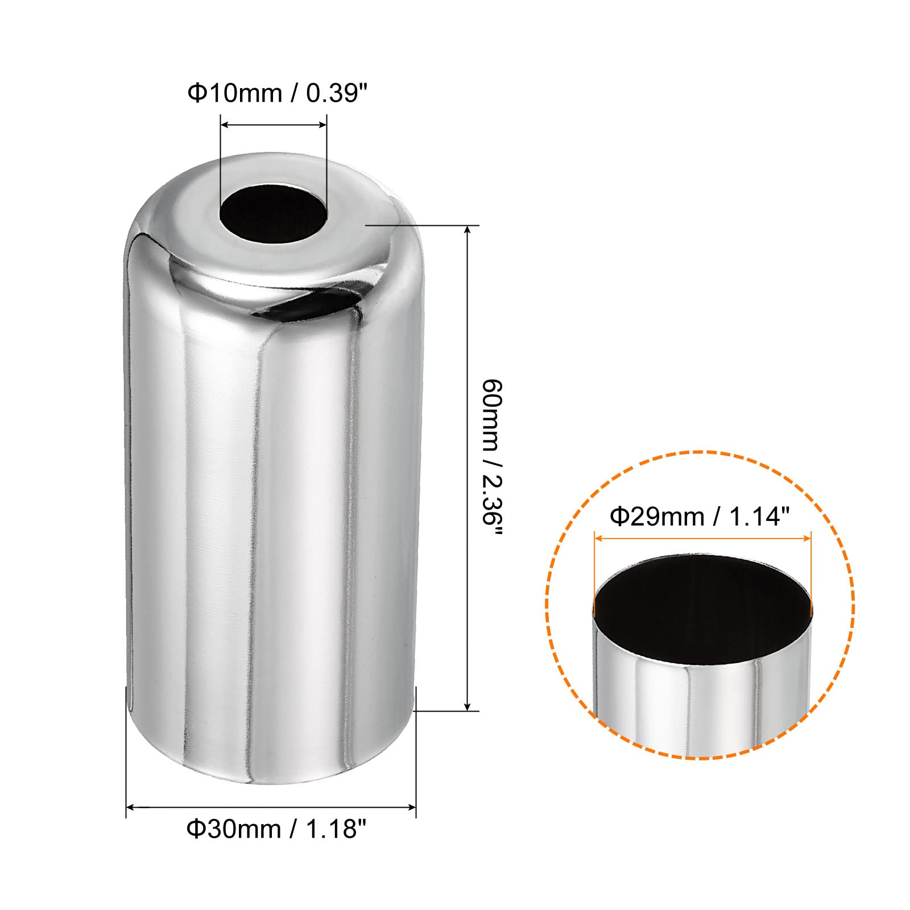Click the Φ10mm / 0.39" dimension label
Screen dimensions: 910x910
[x=275, y=93]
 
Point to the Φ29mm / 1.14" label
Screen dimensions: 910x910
[x=700, y=516]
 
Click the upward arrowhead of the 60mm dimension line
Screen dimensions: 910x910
[x=468, y=230]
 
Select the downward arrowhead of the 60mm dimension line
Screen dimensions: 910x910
[x=468, y=705]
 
